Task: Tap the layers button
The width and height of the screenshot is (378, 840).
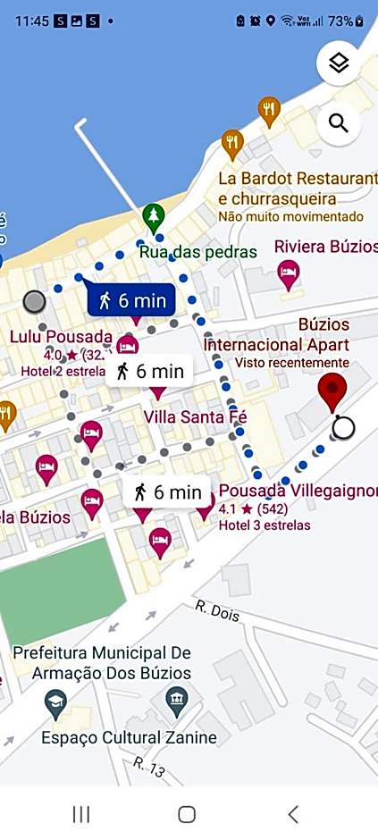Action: coord(339,63)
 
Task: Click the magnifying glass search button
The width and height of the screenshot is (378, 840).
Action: coord(339,123)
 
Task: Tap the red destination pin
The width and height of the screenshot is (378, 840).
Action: coord(332,390)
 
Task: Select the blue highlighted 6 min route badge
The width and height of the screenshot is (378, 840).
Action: coord(131,300)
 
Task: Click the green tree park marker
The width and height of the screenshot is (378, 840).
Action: coord(154,216)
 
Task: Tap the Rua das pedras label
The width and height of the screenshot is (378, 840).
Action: coord(197,251)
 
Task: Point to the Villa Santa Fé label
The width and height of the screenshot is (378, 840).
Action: coord(195,416)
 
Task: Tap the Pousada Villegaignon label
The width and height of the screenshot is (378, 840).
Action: coord(298,491)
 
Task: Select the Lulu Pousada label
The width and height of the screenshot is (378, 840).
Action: coord(61,337)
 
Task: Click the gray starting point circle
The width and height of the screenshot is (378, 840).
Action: coord(34,301)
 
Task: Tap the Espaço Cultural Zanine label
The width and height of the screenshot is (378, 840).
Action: coord(129,737)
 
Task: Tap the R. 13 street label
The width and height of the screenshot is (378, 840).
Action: coord(150,766)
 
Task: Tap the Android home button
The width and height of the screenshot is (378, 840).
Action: coord(187,814)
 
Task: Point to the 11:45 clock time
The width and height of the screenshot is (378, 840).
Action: coord(31,21)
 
